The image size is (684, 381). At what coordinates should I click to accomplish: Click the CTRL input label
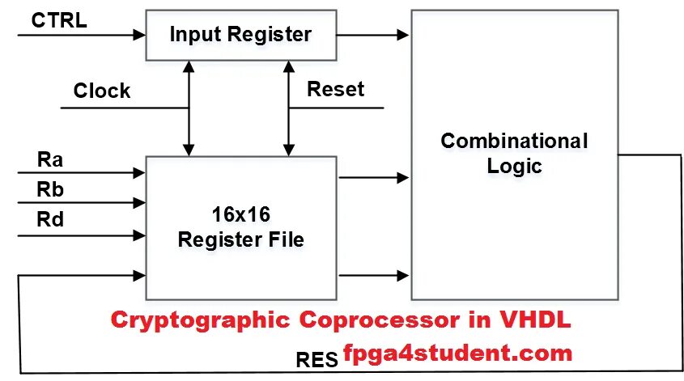(x=59, y=21)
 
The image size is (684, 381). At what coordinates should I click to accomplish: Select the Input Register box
(x=240, y=35)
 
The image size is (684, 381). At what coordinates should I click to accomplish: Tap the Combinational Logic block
(x=514, y=154)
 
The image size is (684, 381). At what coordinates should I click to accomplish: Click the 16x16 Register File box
(x=240, y=228)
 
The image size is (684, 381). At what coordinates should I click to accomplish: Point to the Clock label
(x=102, y=91)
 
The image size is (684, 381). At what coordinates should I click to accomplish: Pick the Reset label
(x=335, y=89)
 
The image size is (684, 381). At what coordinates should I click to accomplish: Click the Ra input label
(x=50, y=159)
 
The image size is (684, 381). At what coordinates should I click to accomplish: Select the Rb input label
(x=50, y=188)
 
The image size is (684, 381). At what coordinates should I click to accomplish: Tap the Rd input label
(x=50, y=218)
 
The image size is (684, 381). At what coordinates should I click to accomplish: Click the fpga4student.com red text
(x=457, y=353)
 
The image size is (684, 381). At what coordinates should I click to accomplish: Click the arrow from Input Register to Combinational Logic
(x=372, y=35)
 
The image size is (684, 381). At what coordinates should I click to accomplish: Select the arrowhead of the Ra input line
(x=139, y=172)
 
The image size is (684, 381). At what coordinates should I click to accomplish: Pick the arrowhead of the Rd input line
(x=139, y=235)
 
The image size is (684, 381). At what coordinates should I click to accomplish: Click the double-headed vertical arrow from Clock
(x=189, y=111)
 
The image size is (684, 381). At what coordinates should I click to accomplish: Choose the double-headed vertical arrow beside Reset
(x=288, y=111)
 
